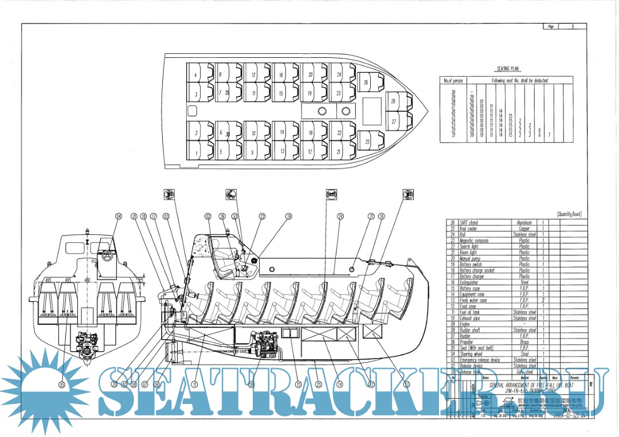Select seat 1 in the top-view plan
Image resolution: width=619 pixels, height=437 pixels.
coord(196,153)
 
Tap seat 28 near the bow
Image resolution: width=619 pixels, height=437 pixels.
coord(393,101)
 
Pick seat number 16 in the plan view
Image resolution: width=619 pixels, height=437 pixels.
coord(281,75)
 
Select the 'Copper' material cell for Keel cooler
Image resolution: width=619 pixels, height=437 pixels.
coord(524,229)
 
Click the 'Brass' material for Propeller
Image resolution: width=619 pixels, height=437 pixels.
coord(524,342)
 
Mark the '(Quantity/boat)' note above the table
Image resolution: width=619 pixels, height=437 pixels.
coord(569,214)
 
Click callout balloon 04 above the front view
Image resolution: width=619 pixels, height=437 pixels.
coord(119,216)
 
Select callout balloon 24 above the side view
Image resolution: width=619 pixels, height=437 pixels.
coord(340,216)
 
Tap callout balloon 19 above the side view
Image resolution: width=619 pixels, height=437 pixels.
coord(289,216)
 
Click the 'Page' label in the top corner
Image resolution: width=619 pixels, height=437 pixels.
coord(551,27)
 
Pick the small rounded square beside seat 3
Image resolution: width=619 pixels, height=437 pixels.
coord(193,110)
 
